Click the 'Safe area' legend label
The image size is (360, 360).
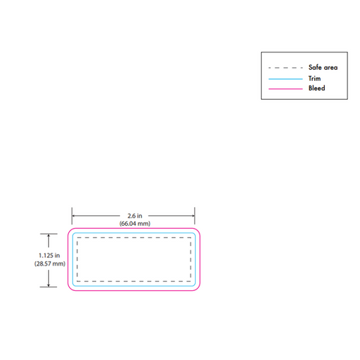coord(322,67)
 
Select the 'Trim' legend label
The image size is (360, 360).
coord(314,79)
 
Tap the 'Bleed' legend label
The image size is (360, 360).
coord(316,88)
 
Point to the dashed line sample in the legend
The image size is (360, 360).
coord(286,67)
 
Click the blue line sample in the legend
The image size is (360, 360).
coord(286,79)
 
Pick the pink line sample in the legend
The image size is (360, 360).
coord(286,88)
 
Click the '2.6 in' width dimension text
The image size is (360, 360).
coord(135,216)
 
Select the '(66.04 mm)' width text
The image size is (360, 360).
coord(135,223)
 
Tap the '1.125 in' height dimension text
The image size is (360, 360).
coord(49,256)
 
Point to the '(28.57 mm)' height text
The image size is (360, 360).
coord(49,263)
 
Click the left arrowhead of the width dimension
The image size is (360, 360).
coord(73,216)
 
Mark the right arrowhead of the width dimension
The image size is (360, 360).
coord(193,216)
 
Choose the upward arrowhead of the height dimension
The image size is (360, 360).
coord(49,235)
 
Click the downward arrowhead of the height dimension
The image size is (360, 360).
coord(49,285)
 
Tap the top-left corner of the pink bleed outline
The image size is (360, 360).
coord(69,229)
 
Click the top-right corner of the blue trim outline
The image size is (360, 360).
coord(194,234)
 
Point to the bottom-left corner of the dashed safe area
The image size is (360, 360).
coord(77,281)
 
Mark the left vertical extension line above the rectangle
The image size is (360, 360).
coord(72,216)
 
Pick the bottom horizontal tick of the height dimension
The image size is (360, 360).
coord(49,287)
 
